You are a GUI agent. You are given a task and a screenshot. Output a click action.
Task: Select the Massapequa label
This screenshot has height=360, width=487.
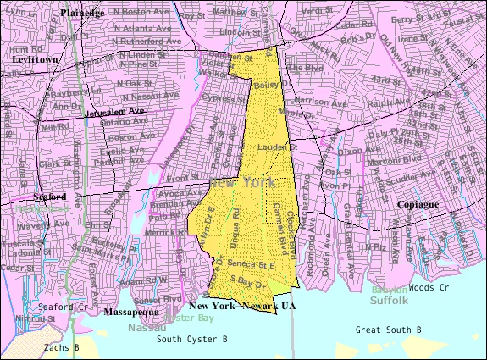click(x=128, y=313)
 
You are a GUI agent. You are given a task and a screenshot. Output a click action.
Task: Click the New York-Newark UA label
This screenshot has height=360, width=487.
click(x=242, y=305)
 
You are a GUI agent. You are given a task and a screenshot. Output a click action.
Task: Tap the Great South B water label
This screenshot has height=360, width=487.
click(x=388, y=329)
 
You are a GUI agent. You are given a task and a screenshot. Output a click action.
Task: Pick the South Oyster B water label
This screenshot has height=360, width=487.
click(x=191, y=339)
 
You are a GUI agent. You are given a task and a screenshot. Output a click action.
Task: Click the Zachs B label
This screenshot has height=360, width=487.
click(x=63, y=347)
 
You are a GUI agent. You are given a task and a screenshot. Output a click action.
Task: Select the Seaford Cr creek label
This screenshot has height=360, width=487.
click(x=62, y=307)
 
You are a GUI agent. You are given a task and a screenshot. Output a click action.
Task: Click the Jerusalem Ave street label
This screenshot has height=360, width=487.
click(x=115, y=112)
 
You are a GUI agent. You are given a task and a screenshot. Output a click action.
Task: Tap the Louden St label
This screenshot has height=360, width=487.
click(x=270, y=147)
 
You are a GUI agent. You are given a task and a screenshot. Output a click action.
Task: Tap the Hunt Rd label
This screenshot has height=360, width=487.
click(x=20, y=49)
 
